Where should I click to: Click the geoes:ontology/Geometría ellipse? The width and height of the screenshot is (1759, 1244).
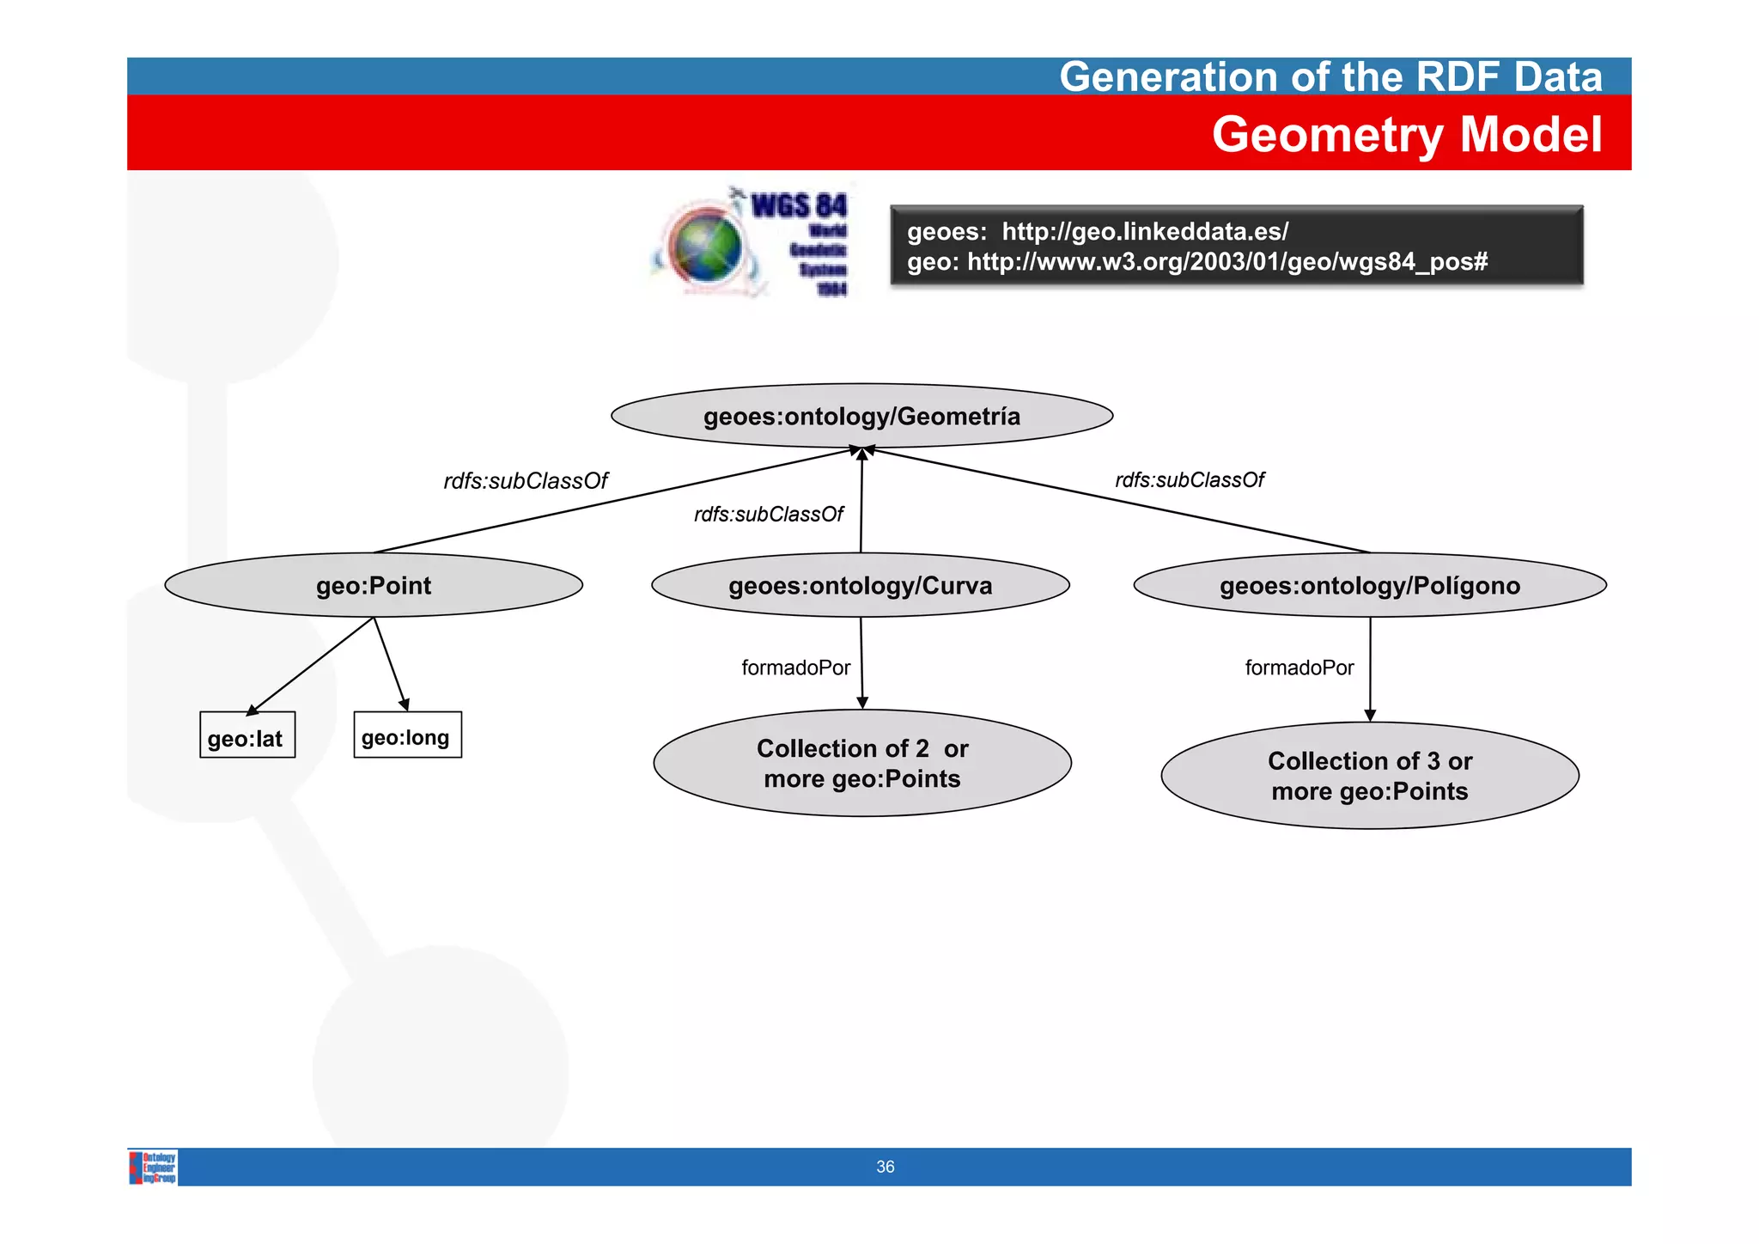pyautogui.click(x=861, y=416)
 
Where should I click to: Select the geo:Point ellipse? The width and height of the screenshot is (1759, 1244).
pyautogui.click(x=374, y=585)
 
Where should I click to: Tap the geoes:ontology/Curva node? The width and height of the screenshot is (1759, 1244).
pyautogui.click(x=861, y=585)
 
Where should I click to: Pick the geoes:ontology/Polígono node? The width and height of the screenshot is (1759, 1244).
pyautogui.click(x=1370, y=585)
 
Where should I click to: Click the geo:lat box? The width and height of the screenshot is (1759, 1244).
pyautogui.click(x=247, y=735)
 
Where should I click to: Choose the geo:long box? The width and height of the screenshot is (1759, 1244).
pyautogui.click(x=407, y=735)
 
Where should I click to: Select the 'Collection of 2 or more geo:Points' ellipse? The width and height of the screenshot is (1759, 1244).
pyautogui.click(x=862, y=763)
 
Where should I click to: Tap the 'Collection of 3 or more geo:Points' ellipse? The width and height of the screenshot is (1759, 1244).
pyautogui.click(x=1370, y=776)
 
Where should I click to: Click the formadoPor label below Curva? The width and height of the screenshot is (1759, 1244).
pyautogui.click(x=795, y=668)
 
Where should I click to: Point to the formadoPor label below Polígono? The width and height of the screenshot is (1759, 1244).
pyautogui.click(x=1299, y=668)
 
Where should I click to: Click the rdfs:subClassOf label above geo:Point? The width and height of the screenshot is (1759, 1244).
pyautogui.click(x=526, y=481)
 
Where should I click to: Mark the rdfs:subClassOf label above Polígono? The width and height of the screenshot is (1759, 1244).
pyautogui.click(x=1190, y=480)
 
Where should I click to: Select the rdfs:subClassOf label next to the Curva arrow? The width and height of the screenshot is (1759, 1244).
pyautogui.click(x=769, y=515)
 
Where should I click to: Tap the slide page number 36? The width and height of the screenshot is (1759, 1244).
pyautogui.click(x=885, y=1167)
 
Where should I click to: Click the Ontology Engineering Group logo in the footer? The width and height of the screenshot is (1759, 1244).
pyautogui.click(x=154, y=1168)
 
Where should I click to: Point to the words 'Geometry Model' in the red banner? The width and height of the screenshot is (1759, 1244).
pyautogui.click(x=1407, y=135)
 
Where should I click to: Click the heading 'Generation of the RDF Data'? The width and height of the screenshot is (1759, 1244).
pyautogui.click(x=1330, y=76)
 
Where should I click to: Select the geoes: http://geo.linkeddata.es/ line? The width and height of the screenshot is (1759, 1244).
pyautogui.click(x=1098, y=231)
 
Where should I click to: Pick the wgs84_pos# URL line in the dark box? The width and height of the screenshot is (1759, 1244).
pyautogui.click(x=1197, y=261)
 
